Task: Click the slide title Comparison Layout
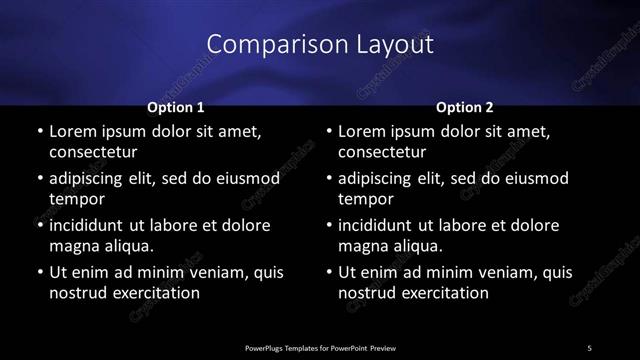pos(319,44)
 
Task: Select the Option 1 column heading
pos(175,106)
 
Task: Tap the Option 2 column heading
pos(465,106)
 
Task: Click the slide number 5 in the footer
pos(589,347)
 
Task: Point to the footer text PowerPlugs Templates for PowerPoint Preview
pos(320,347)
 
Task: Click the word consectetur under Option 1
pos(93,152)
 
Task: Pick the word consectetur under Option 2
pos(383,152)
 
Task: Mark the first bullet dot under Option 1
pos(39,132)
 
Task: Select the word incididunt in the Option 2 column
pos(380,225)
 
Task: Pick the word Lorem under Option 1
pos(72,131)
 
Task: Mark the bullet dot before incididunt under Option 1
pos(39,226)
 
